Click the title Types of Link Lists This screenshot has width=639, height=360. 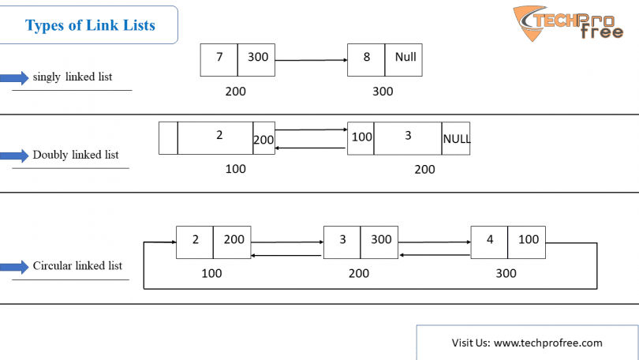pos(90,25)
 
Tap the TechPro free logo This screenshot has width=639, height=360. pos(568,23)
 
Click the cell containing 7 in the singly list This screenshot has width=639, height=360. pos(219,60)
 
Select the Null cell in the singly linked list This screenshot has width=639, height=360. pos(403,60)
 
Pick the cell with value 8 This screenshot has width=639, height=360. pos(366,60)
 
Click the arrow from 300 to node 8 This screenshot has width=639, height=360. pos(311,60)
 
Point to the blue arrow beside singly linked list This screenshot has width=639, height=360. pos(14,77)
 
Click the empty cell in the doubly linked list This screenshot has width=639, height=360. pos(168,138)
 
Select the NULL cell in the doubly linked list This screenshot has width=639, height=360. pos(456,139)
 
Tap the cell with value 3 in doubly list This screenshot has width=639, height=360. pos(408,139)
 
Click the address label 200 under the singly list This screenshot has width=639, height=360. pos(236,92)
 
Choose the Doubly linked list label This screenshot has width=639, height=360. pos(76,155)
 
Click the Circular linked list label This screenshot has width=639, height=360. pos(77,266)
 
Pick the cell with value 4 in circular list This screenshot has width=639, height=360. pos(489,242)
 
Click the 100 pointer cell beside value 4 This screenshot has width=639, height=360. pos(526,242)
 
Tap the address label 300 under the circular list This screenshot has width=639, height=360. pos(506,273)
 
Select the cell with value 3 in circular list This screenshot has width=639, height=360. pos(342,242)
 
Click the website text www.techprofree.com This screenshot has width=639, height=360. pos(548,343)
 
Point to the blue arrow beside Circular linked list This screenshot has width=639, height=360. pos(14,267)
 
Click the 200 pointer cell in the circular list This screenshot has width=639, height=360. pos(232,242)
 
